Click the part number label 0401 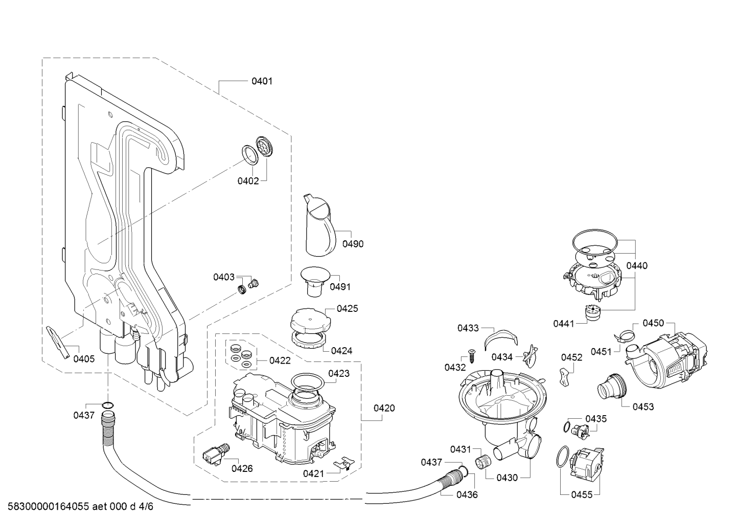click(262, 81)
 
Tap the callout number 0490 click(353, 244)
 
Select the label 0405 click(84, 359)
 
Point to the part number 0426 click(242, 468)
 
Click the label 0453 click(643, 407)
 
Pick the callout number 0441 click(564, 323)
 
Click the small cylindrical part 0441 click(593, 313)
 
